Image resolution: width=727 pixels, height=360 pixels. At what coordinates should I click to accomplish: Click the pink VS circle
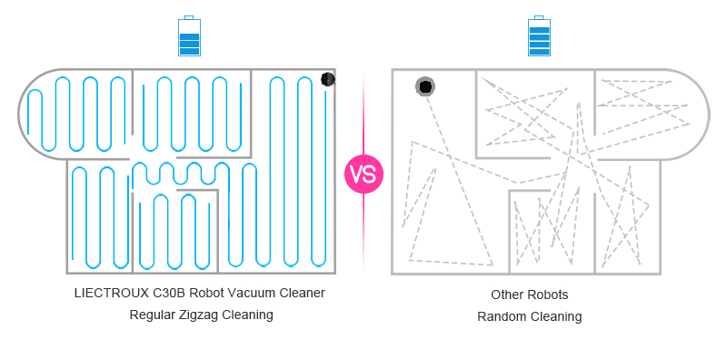point(363,174)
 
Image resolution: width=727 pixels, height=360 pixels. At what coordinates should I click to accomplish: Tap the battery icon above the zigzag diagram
point(189,38)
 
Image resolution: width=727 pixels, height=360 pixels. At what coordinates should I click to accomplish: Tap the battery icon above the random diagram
point(540,38)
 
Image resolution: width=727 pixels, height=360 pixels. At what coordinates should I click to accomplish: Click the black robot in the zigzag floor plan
point(328,80)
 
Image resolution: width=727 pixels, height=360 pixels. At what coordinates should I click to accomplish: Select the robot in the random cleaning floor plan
point(424,86)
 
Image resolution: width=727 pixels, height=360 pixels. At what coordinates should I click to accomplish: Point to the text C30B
point(173,293)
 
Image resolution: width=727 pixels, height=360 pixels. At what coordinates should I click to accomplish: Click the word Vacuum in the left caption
point(254,293)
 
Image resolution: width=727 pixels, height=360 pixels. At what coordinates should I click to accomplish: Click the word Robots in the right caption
point(549,295)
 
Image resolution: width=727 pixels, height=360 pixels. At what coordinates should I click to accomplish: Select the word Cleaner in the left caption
point(303,293)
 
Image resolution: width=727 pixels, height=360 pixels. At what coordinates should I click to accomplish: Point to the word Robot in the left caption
point(212,293)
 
